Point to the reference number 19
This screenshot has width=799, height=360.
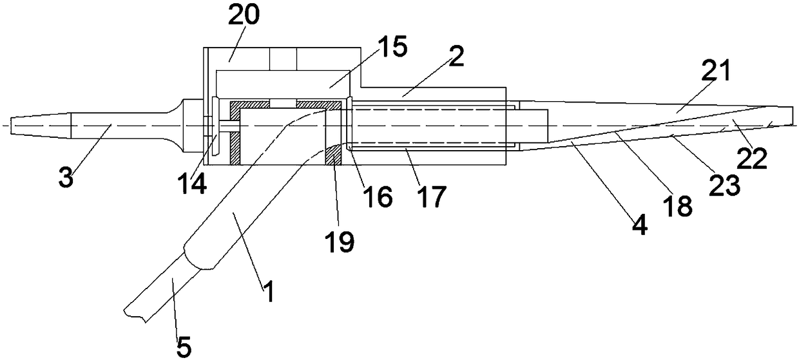tap(340, 241)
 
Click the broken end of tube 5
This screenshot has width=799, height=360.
tap(139, 313)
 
